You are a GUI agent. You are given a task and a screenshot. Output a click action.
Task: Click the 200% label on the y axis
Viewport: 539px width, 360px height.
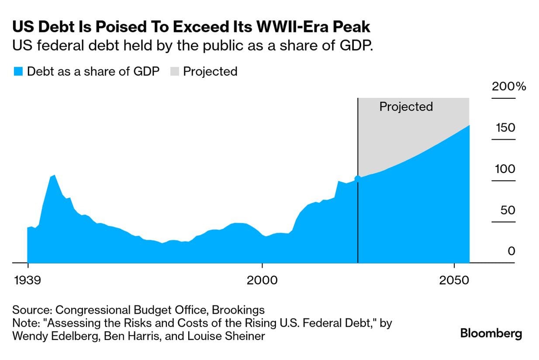(x=509, y=86)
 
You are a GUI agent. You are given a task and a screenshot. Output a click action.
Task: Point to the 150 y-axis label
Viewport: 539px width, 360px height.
(x=505, y=128)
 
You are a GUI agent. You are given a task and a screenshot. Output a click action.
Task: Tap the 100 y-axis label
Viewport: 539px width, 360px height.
(x=505, y=169)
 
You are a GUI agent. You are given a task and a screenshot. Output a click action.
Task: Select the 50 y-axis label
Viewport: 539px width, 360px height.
(x=508, y=210)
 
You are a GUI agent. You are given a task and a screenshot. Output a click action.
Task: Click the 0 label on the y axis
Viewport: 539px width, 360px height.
(x=511, y=251)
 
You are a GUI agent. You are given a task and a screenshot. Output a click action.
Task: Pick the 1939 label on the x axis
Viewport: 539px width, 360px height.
(x=28, y=280)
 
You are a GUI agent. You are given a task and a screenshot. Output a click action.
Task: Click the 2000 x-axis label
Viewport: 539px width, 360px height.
(x=262, y=280)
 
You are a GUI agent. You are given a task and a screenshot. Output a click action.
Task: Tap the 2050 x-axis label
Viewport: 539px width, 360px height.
(x=454, y=280)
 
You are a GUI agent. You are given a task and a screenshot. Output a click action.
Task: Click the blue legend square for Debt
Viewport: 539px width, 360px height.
(x=18, y=72)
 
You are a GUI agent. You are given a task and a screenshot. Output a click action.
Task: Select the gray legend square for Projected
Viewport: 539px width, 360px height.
(x=174, y=72)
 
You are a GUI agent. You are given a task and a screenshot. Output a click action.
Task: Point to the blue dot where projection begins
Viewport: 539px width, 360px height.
(x=358, y=178)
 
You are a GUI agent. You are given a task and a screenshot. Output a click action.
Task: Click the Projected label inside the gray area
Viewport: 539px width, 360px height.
(x=406, y=107)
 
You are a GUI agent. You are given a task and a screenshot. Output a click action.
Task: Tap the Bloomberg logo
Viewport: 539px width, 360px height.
(x=491, y=334)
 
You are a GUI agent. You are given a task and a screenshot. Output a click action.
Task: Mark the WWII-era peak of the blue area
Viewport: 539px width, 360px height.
(x=53, y=176)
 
